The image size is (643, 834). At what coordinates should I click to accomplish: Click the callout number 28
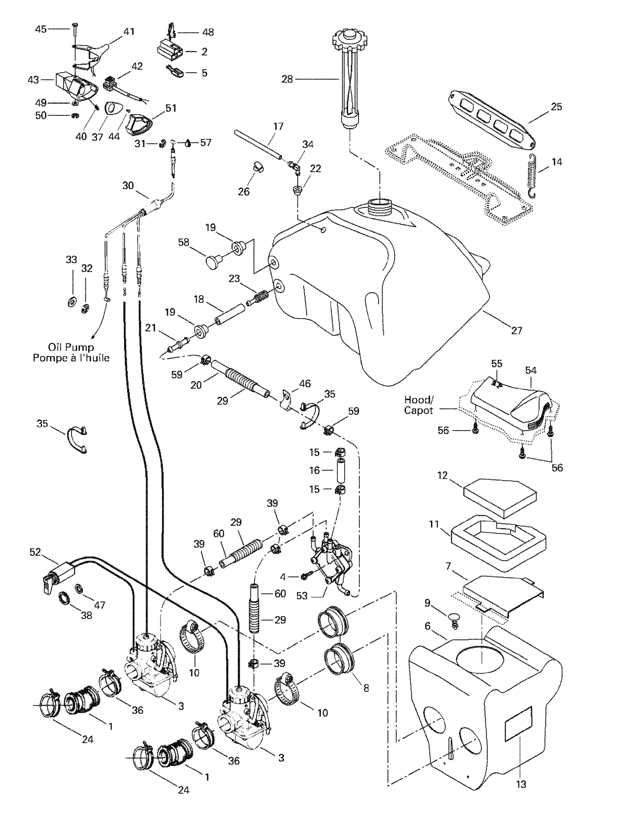click(x=287, y=79)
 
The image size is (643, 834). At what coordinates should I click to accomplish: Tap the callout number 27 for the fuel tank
click(x=517, y=330)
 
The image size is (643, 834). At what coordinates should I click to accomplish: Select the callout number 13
click(x=521, y=784)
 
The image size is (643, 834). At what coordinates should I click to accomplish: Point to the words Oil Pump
click(x=71, y=347)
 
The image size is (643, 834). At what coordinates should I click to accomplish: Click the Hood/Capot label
click(x=419, y=405)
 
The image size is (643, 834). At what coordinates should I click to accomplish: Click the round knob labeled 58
click(x=213, y=263)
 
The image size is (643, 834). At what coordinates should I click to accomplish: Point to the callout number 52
click(x=35, y=553)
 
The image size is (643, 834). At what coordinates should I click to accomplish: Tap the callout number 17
click(x=278, y=126)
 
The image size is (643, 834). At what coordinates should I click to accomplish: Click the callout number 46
click(x=305, y=383)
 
